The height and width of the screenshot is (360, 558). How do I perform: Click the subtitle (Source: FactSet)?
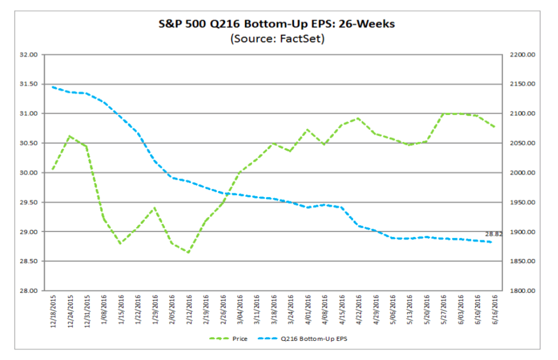(x=277, y=39)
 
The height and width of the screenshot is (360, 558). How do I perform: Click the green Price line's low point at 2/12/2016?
(x=189, y=253)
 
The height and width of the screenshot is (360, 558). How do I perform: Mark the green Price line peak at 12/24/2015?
(x=70, y=136)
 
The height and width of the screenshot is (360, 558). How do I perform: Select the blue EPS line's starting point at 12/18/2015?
(x=52, y=87)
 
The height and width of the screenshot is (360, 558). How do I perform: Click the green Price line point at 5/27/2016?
(x=443, y=113)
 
